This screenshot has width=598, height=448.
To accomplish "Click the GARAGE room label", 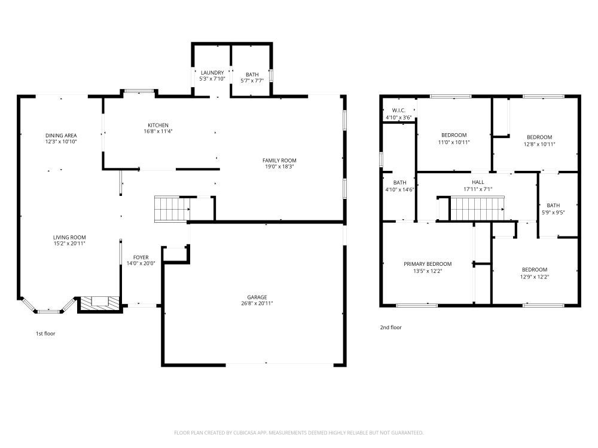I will [x=257, y=297].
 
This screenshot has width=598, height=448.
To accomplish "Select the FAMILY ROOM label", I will [x=279, y=160].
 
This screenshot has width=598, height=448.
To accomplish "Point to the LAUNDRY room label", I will [x=212, y=73].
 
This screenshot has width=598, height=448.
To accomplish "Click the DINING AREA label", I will [x=61, y=136].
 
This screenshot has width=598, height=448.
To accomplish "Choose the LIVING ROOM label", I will [x=69, y=237].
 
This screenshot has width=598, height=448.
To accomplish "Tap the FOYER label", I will [x=141, y=257].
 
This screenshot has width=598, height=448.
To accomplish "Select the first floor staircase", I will [x=172, y=208].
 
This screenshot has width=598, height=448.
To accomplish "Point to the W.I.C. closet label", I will [x=399, y=111].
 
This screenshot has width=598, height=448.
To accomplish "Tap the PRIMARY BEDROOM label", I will [x=427, y=263].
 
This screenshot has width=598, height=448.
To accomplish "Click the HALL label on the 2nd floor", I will [x=478, y=182].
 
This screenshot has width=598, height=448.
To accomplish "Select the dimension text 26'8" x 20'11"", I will [x=257, y=303].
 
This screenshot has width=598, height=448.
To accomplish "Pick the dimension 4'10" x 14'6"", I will [x=399, y=189].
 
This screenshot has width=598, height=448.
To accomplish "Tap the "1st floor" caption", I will [x=45, y=333].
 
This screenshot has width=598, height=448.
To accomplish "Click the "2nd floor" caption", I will [x=391, y=327].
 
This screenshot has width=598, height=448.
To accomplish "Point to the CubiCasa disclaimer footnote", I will [x=298, y=432].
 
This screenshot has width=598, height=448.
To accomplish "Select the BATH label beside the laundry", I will [x=252, y=73].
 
